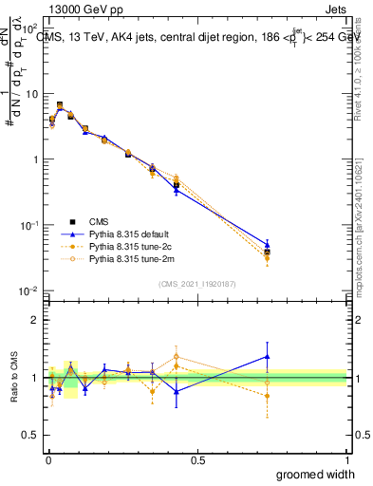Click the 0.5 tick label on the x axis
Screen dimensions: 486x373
(x=197, y=458)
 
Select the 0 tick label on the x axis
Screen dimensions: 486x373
(x=47, y=458)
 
